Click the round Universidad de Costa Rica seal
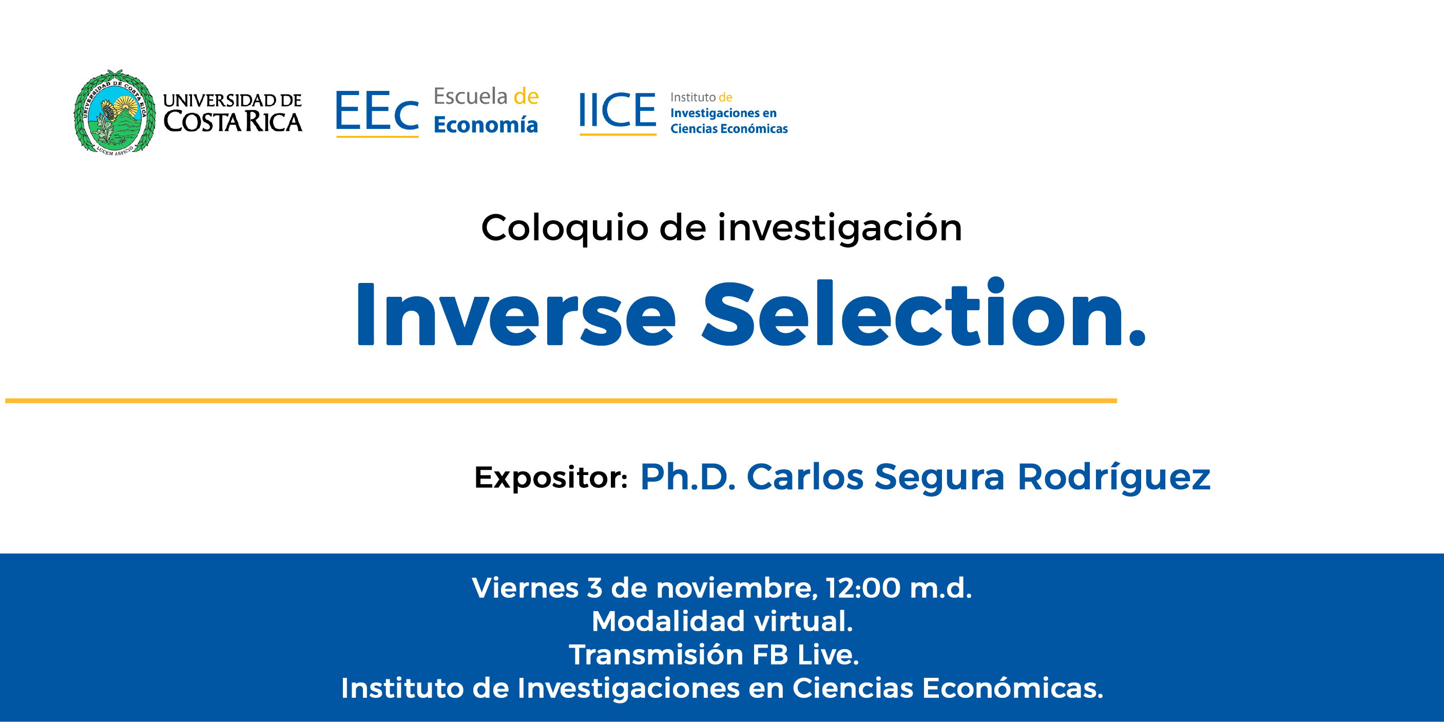pos(115,112)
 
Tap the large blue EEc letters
pos(377,111)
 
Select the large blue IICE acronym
pos(617,111)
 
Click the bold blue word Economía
pos(486,124)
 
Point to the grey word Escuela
pos(470,97)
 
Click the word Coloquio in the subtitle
pos(565,229)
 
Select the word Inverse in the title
pos(516,314)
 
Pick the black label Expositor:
pos(550,478)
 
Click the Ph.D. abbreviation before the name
pos(688,477)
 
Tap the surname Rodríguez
pos(1114,478)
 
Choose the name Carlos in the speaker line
pos(805,477)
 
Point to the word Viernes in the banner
pos(525,588)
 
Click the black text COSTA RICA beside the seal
pos(233,122)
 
